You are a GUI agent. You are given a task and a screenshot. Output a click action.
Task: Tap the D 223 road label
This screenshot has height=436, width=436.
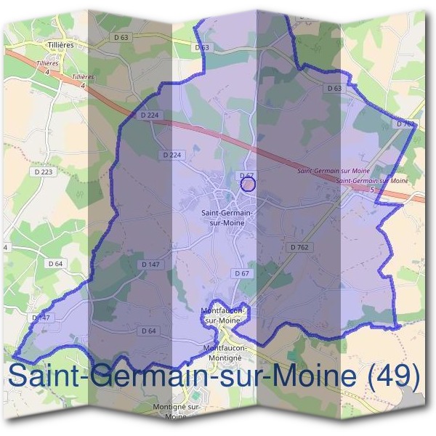43,171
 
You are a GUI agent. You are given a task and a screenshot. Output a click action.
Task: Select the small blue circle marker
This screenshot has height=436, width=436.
248,184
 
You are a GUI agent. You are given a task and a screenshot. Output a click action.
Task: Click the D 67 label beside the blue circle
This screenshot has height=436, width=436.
247,175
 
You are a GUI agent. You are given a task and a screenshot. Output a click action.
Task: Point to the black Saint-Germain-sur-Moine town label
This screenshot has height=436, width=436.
225,217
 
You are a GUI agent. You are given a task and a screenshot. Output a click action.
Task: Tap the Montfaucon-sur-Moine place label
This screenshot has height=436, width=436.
221,315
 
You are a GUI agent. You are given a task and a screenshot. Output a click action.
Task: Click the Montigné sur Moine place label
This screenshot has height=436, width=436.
177,411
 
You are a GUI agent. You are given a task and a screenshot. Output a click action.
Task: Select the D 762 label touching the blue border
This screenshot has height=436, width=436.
405,124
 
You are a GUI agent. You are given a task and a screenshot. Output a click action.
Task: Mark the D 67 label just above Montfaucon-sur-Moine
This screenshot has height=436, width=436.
242,272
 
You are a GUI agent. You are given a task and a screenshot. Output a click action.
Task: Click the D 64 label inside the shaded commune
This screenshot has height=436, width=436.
148,331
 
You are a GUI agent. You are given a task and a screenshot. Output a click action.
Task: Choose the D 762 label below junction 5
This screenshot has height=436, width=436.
299,247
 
